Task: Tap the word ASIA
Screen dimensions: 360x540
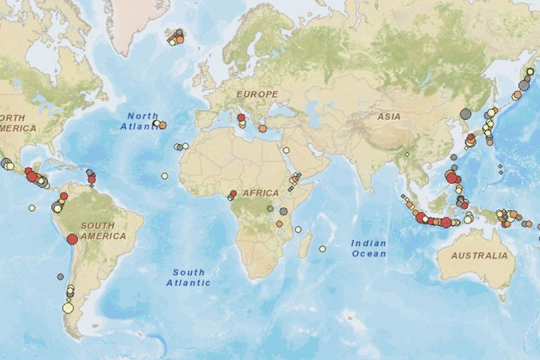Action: [388, 117]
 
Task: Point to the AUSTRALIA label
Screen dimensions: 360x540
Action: [479, 256]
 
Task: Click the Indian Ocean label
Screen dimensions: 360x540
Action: [369, 248]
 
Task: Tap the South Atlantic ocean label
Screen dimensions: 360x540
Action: [190, 277]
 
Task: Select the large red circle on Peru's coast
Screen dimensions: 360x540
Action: [72, 239]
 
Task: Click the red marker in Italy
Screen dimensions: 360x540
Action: [241, 117]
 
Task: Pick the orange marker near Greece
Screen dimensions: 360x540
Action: [262, 129]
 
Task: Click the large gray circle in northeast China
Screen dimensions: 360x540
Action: [464, 113]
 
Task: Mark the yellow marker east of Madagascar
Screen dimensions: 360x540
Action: [322, 249]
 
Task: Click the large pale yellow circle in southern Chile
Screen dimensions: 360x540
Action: [67, 307]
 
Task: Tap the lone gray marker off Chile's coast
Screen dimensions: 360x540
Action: [60, 277]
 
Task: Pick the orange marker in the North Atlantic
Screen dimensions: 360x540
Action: [163, 125]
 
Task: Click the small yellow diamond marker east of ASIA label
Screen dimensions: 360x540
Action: [406, 154]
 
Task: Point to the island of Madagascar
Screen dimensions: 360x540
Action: [305, 245]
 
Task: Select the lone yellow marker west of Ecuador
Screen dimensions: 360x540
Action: [31, 207]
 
